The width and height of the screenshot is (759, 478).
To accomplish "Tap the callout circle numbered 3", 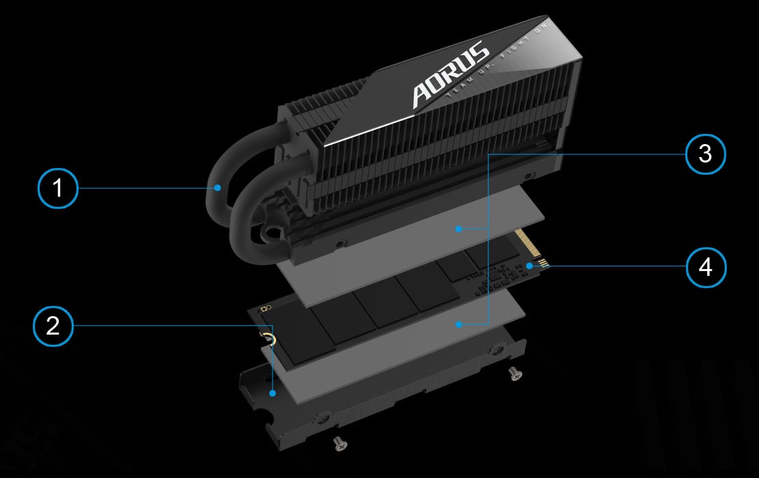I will [705, 155].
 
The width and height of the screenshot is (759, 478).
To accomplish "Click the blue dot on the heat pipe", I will [217, 186].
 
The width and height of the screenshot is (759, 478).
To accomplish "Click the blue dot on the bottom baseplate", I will [273, 393].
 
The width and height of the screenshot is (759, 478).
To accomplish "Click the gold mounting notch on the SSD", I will [268, 339].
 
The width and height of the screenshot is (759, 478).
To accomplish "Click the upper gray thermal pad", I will [410, 232].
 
